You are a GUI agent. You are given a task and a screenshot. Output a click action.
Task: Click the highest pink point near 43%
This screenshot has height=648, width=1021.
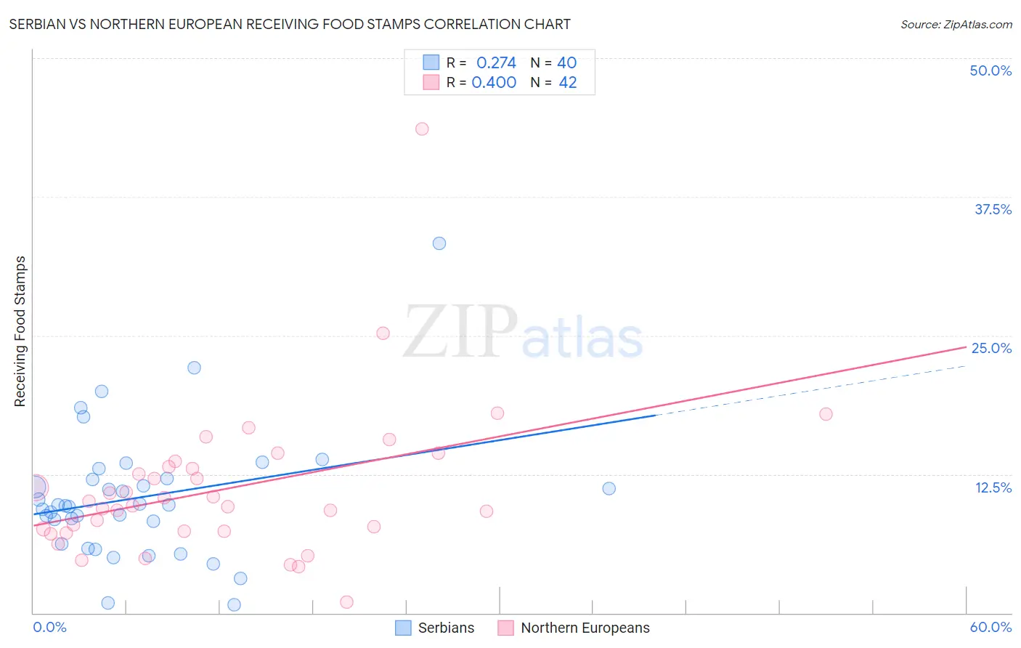[x=422, y=129]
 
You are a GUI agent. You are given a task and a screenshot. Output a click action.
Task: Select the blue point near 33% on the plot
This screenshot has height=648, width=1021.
[x=439, y=243]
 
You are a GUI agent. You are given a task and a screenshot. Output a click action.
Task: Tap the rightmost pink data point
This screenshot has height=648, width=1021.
[x=826, y=414]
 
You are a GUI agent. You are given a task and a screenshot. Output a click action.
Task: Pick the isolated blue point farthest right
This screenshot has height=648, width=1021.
[x=609, y=488]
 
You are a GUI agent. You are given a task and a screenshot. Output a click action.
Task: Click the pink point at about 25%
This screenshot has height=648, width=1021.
[x=383, y=333]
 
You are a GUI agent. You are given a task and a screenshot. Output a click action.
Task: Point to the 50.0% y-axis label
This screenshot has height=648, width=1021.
[x=991, y=71]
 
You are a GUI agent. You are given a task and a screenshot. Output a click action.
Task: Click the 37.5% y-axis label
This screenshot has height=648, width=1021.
[x=993, y=210]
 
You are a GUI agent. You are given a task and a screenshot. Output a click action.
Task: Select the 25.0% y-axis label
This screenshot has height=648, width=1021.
[x=991, y=349]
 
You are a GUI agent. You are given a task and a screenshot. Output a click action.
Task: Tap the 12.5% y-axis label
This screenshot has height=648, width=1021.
[x=993, y=487]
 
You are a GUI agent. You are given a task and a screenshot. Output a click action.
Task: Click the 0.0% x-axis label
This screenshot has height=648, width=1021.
[x=50, y=627]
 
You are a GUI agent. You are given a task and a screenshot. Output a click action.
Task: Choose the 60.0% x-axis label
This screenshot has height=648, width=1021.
[x=991, y=627]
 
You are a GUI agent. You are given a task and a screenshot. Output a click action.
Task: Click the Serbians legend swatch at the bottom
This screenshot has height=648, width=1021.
[x=403, y=628]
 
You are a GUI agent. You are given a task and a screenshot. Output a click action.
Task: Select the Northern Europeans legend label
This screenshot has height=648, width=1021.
[x=585, y=628]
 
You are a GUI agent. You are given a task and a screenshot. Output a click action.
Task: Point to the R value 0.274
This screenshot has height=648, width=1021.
[x=496, y=63]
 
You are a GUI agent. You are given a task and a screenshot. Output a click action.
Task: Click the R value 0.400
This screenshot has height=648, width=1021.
[x=494, y=83]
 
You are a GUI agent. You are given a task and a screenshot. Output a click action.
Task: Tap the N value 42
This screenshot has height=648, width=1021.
[x=567, y=83]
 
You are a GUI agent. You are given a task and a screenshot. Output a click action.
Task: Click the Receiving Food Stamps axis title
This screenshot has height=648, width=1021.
[x=20, y=331]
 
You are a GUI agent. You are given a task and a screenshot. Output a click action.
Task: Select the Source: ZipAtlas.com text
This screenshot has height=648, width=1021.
[x=956, y=25]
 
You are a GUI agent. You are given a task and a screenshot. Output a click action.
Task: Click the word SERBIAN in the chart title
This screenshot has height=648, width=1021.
[x=36, y=25]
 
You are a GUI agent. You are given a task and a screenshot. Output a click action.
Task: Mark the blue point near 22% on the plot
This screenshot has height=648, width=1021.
[x=194, y=368]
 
